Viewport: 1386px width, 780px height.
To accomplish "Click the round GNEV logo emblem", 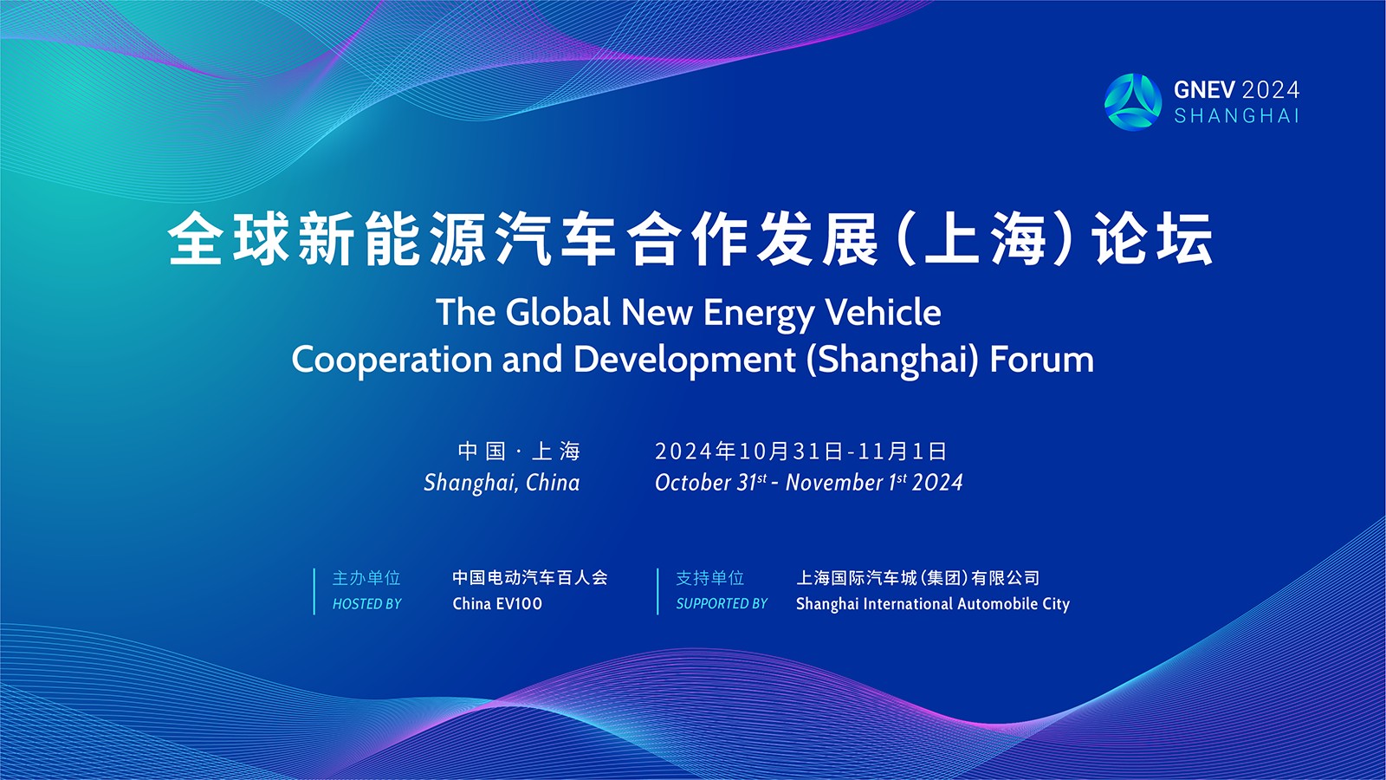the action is pos(1133,102).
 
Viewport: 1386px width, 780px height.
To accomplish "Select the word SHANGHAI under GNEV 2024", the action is pos(1236,116).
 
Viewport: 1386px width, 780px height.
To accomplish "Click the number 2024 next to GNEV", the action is pos(1270,90).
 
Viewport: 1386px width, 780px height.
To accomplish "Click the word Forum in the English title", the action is pos(1042,359).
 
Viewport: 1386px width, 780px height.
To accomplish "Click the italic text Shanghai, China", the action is pos(502,483).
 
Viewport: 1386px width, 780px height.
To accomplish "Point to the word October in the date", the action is pos(693,482).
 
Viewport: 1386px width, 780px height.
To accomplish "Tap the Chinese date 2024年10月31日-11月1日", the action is pos(800,452).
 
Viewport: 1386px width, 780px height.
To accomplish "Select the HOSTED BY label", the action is pos(367,603).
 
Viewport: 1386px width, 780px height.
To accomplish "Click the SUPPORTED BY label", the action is pos(722,603).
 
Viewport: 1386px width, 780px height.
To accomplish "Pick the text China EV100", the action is pos(497,603).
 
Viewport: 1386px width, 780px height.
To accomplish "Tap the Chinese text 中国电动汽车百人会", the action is pos(530,577).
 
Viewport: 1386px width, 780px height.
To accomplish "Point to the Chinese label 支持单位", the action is pos(709,577).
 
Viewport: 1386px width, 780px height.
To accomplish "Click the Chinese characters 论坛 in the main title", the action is pos(1152,239).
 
